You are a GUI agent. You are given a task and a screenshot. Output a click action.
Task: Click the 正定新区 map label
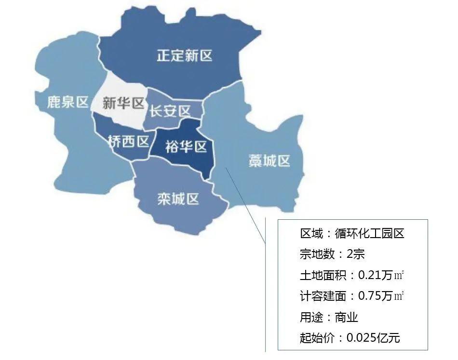184,56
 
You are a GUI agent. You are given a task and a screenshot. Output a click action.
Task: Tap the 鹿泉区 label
68,102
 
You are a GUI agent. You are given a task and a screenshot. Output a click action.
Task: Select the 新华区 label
124,103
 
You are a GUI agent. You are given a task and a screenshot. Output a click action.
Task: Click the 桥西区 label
128,141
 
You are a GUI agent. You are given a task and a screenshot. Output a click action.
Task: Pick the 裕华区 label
186,147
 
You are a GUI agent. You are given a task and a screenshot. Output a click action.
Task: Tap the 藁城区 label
269,160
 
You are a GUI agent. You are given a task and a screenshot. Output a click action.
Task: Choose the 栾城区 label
178,198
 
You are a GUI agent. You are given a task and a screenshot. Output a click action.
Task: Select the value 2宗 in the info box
359,254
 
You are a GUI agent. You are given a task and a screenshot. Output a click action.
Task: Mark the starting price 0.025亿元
373,337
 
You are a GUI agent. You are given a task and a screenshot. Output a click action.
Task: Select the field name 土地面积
321,275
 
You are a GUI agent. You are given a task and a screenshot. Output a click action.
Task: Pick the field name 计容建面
321,296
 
